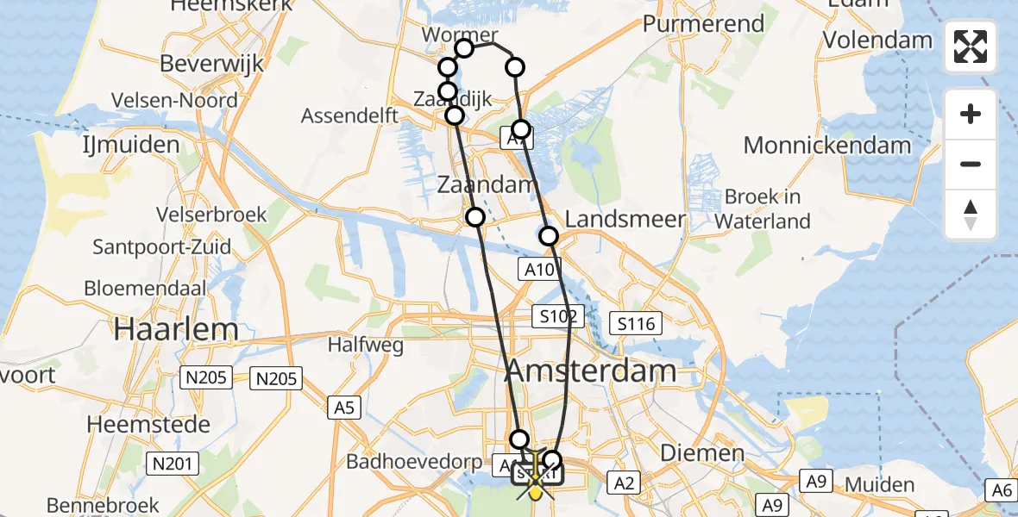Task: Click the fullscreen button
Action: coord(971,47)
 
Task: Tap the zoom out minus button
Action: coord(971,164)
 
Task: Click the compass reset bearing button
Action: coord(971,215)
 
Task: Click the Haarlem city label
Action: coord(176,328)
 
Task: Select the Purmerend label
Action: coord(704,23)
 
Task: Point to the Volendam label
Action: coord(877,40)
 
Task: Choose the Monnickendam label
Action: coord(827,145)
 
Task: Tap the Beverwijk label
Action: coord(211,65)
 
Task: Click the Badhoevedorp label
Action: coord(413,460)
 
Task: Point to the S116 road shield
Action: coord(637,324)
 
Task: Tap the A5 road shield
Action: coord(343,407)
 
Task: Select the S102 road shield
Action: coord(558,315)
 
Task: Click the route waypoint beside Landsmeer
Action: coord(548,236)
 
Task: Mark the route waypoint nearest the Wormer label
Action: coord(464,48)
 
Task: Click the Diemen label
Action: coord(701,453)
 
